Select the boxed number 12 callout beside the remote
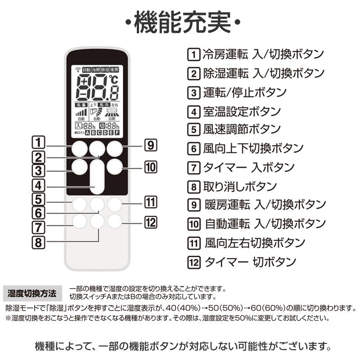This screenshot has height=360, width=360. click(x=150, y=222)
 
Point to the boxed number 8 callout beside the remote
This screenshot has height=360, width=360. click(x=38, y=242)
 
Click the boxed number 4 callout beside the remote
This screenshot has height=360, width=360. click(x=38, y=185)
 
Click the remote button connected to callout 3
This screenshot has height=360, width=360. click(x=79, y=167)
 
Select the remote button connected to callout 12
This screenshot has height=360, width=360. click(x=115, y=220)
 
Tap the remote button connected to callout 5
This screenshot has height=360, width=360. click(x=79, y=205)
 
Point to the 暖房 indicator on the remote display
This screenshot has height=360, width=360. click(x=115, y=70)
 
